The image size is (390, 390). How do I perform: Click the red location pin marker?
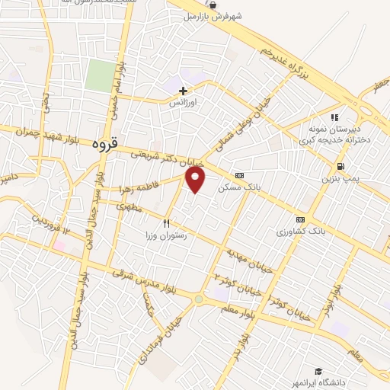197,179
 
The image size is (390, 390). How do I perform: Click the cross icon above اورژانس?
183,91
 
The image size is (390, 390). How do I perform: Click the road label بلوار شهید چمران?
47,131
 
